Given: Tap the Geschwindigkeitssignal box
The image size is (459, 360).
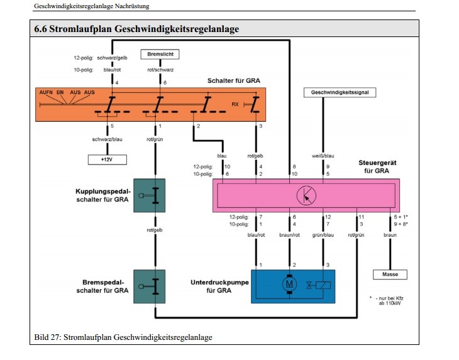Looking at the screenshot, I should pyautogui.click(x=340, y=92).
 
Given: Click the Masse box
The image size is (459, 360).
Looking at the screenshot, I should pyautogui.click(x=390, y=275).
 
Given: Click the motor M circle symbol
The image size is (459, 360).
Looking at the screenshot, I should pyautogui.click(x=290, y=284).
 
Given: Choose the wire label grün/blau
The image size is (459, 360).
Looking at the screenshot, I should pyautogui.click(x=324, y=236).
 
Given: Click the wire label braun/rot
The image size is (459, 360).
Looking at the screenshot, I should pyautogui.click(x=290, y=236).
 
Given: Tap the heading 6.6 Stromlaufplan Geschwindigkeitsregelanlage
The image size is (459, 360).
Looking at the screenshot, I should pyautogui.click(x=136, y=29).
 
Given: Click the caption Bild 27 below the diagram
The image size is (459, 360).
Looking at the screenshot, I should pyautogui.click(x=123, y=337).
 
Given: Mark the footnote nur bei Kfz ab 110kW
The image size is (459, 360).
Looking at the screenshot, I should pyautogui.click(x=390, y=302).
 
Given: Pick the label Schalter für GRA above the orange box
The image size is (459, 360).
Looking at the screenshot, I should pyautogui.click(x=234, y=81).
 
